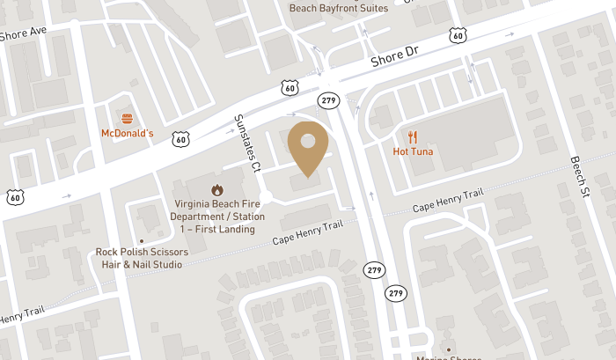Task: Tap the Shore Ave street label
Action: tap(24, 34)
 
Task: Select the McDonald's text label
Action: tap(128, 134)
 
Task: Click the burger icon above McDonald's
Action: tap(128, 118)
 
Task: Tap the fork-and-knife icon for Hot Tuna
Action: tap(414, 136)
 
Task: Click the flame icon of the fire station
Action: tap(216, 189)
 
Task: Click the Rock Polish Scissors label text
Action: tap(142, 258)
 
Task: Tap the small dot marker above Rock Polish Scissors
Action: tap(141, 239)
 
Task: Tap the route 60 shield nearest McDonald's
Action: tap(180, 138)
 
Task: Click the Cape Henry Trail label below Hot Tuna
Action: tap(449, 202)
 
